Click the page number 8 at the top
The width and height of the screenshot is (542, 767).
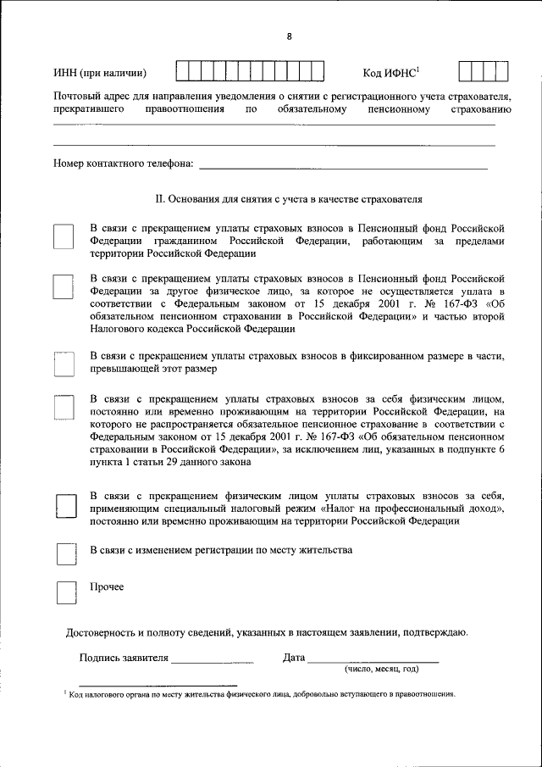point(289,36)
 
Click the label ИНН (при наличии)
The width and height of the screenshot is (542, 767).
point(100,73)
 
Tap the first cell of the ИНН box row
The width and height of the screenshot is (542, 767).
point(182,72)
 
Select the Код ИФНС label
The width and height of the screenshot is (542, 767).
point(385,72)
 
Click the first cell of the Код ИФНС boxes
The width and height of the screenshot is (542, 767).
point(465,72)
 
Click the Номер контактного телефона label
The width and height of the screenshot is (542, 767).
point(124,163)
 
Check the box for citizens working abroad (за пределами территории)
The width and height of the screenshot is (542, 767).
point(64,237)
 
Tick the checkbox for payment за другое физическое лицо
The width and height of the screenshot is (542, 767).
point(64,286)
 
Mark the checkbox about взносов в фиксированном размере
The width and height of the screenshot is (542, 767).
point(64,364)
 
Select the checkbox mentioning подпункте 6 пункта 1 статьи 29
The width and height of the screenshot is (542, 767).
point(64,409)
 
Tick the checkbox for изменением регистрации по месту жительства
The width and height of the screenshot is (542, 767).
point(65,553)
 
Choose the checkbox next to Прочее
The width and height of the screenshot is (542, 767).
point(65,592)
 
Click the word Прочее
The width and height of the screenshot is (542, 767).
point(107,586)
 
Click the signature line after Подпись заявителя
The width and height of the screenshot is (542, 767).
point(213,659)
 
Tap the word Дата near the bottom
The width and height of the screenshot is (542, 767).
point(294,658)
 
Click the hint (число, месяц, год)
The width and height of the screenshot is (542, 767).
point(381,669)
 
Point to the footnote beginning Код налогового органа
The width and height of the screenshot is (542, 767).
point(263,693)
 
